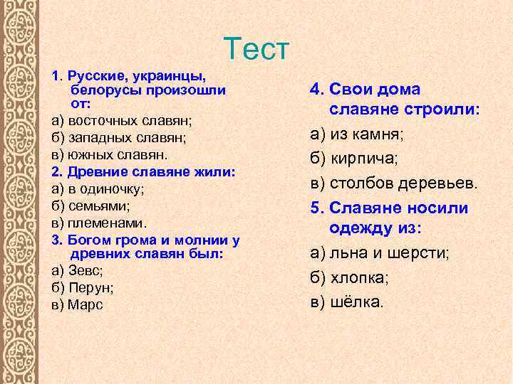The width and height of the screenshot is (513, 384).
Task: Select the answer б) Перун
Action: click(x=83, y=287)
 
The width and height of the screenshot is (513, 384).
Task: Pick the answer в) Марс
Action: click(x=77, y=304)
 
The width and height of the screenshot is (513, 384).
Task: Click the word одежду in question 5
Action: click(x=369, y=228)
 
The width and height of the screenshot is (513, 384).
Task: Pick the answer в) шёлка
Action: click(x=346, y=302)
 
